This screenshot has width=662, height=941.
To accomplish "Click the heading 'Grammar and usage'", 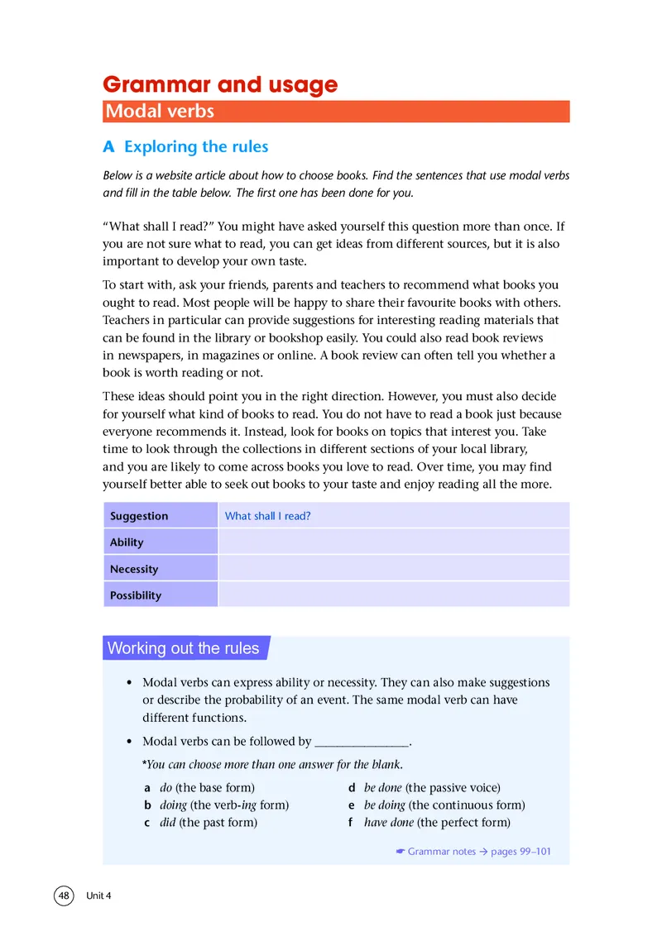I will [x=219, y=84].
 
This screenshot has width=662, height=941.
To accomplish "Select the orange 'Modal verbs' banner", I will [x=336, y=112].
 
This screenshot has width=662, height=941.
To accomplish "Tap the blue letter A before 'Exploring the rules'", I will [x=108, y=147].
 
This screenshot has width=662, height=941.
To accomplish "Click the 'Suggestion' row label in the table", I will [x=139, y=516].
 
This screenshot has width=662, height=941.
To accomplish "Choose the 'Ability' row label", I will [x=127, y=542].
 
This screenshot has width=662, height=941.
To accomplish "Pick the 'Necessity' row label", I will [x=134, y=569].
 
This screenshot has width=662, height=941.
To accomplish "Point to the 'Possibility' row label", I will [x=136, y=595].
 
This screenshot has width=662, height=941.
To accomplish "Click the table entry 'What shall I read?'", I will [x=268, y=516].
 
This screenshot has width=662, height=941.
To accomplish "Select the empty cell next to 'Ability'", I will [x=393, y=542].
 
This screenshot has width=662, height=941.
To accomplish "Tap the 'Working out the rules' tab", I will [x=184, y=648].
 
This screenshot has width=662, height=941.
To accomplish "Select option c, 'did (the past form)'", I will [x=200, y=823].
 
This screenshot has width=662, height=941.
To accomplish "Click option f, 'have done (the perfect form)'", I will [x=429, y=823].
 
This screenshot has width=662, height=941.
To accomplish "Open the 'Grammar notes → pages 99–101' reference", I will [x=473, y=852].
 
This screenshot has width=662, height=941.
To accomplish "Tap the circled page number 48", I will [x=65, y=896].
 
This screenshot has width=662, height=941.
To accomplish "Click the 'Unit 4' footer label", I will [x=98, y=896].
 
